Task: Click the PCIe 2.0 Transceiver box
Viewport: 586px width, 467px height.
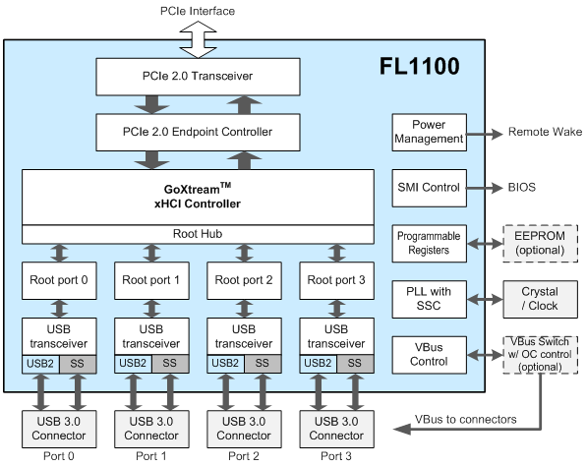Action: click(x=198, y=77)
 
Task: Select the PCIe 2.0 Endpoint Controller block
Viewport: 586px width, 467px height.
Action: click(x=198, y=133)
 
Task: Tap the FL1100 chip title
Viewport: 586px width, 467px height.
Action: click(x=419, y=66)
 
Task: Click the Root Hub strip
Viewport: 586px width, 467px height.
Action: click(x=198, y=234)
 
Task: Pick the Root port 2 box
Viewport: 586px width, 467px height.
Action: click(x=244, y=280)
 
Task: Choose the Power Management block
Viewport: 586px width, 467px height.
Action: click(x=429, y=133)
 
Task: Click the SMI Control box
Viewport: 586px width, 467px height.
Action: click(x=429, y=188)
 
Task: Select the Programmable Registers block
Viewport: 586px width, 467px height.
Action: click(x=429, y=243)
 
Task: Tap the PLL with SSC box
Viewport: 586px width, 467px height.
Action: click(x=429, y=299)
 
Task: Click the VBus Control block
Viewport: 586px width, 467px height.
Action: click(x=429, y=355)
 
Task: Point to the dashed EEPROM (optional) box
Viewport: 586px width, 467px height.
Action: click(x=540, y=243)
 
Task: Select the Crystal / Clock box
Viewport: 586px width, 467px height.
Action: click(x=540, y=299)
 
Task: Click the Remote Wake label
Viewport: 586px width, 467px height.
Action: click(x=545, y=132)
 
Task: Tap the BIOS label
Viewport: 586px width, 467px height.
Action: click(x=522, y=187)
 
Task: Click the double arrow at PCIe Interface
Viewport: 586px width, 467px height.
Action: click(x=198, y=39)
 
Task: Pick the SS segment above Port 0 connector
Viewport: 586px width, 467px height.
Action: click(x=78, y=364)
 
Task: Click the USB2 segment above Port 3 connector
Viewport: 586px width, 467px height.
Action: click(x=318, y=364)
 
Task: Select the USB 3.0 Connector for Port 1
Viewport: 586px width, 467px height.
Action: click(x=151, y=429)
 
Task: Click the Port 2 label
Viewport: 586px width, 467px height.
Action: click(x=244, y=456)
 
